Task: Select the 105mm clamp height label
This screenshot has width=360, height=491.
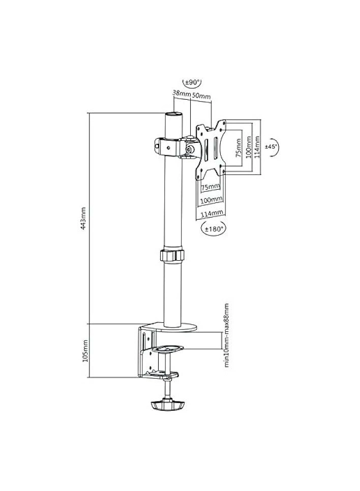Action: pos(84,351)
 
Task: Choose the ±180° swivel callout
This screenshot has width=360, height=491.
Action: pos(214,228)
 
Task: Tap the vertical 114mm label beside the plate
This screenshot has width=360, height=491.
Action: pos(257,146)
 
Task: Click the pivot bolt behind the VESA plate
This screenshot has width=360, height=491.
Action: pos(190,148)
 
